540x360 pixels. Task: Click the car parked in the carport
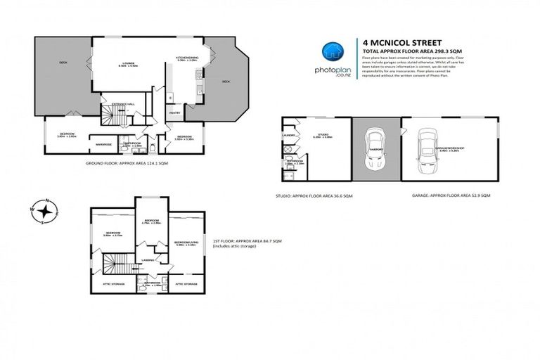pos(375,148)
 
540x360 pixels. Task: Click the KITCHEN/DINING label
pos(187,59)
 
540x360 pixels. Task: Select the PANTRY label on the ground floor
pos(174,112)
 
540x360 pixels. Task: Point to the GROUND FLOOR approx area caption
pos(122,163)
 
